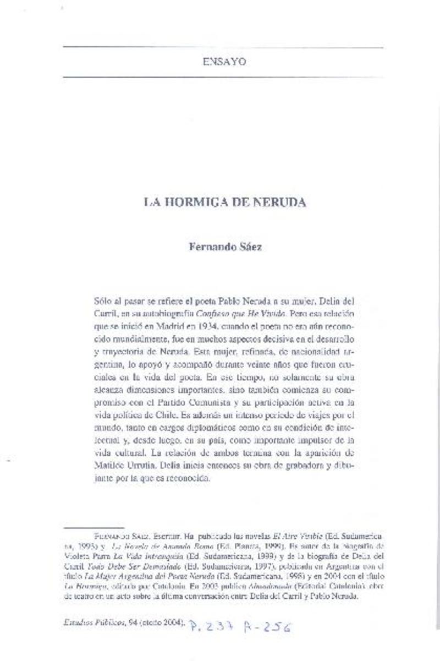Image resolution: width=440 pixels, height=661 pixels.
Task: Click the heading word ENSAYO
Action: (x=224, y=62)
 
